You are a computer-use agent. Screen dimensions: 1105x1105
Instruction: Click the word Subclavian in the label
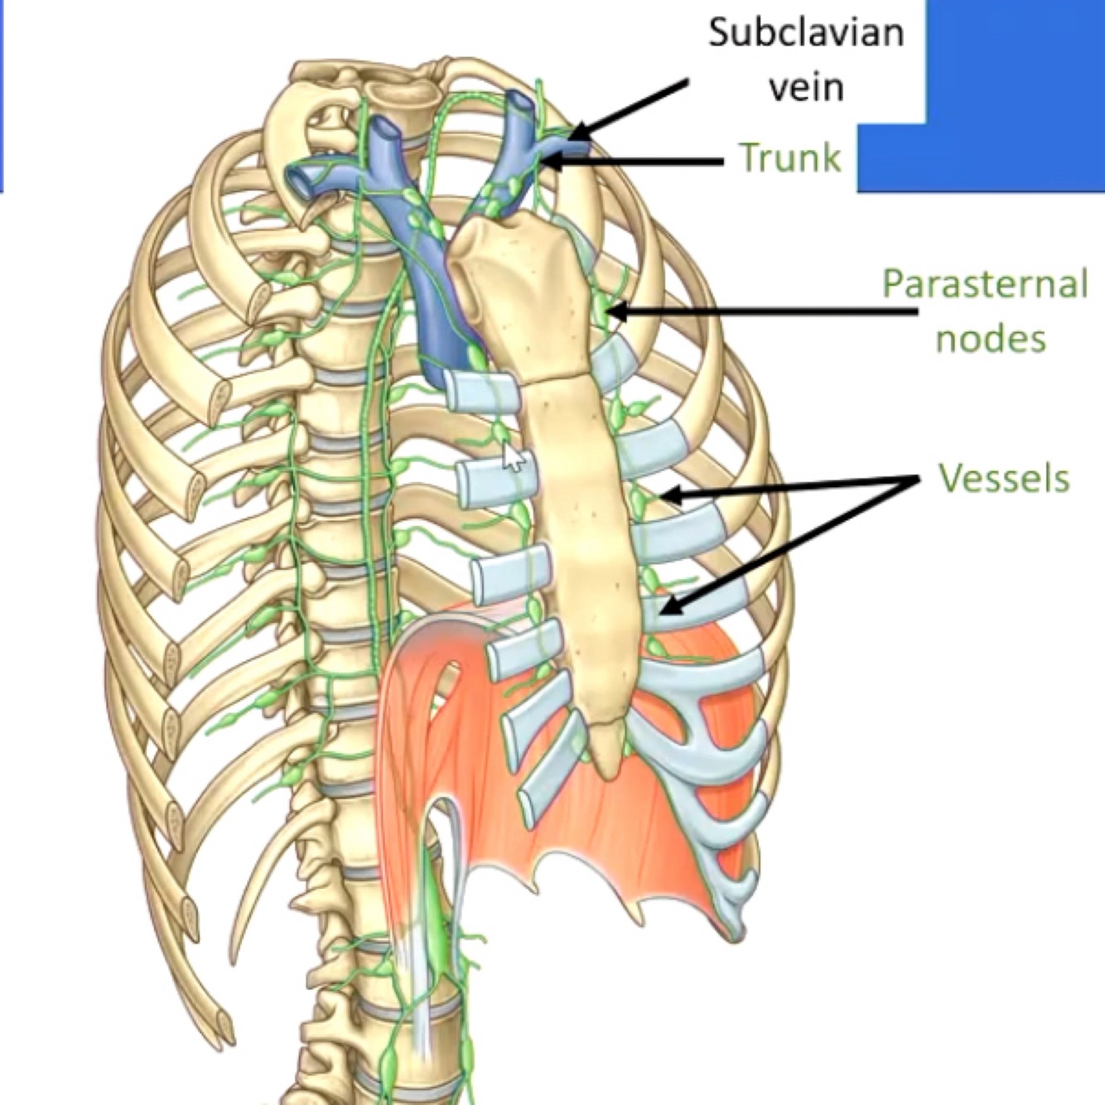805,34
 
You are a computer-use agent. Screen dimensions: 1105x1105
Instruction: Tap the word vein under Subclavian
806,87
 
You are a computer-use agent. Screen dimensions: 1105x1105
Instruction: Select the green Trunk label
790,157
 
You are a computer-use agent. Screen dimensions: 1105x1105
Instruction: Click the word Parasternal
984,284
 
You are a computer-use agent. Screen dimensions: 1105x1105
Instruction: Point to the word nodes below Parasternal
991,338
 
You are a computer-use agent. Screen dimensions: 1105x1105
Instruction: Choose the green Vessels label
1004,478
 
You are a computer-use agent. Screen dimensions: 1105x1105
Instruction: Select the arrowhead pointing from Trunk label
549,162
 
